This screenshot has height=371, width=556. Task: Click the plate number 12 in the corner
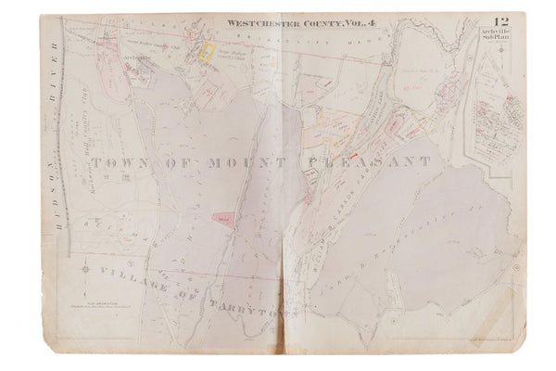point(501,22)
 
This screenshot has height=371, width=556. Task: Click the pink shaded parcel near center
point(222,217)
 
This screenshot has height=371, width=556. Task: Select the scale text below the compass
point(102,306)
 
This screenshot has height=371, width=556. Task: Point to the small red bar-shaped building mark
point(352,151)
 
